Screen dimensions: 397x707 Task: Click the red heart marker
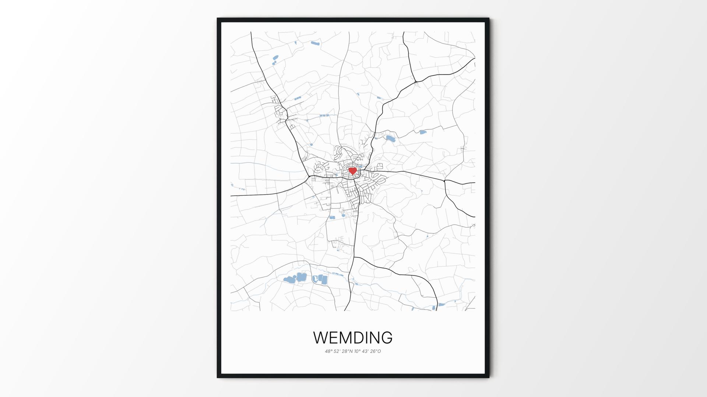pos(353,171)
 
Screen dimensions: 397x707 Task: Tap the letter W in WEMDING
pos(321,338)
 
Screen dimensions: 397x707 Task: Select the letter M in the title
pos(346,338)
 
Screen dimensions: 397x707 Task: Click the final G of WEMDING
pos(386,338)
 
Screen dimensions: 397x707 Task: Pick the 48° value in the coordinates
pos(328,351)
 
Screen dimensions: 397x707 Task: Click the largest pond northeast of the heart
pos(390,139)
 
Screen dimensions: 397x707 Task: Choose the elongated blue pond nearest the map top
pos(315,43)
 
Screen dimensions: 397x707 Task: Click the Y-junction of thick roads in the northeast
pos(416,81)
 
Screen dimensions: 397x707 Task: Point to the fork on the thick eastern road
pos(445,181)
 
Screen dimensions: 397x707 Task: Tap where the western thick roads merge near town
pos(309,178)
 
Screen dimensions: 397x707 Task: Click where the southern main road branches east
pos(354,257)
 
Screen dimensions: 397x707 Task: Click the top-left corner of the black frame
pos(218,18)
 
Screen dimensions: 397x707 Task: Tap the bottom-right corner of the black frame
pos(489,377)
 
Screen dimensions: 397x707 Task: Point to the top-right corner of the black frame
pos(489,18)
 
